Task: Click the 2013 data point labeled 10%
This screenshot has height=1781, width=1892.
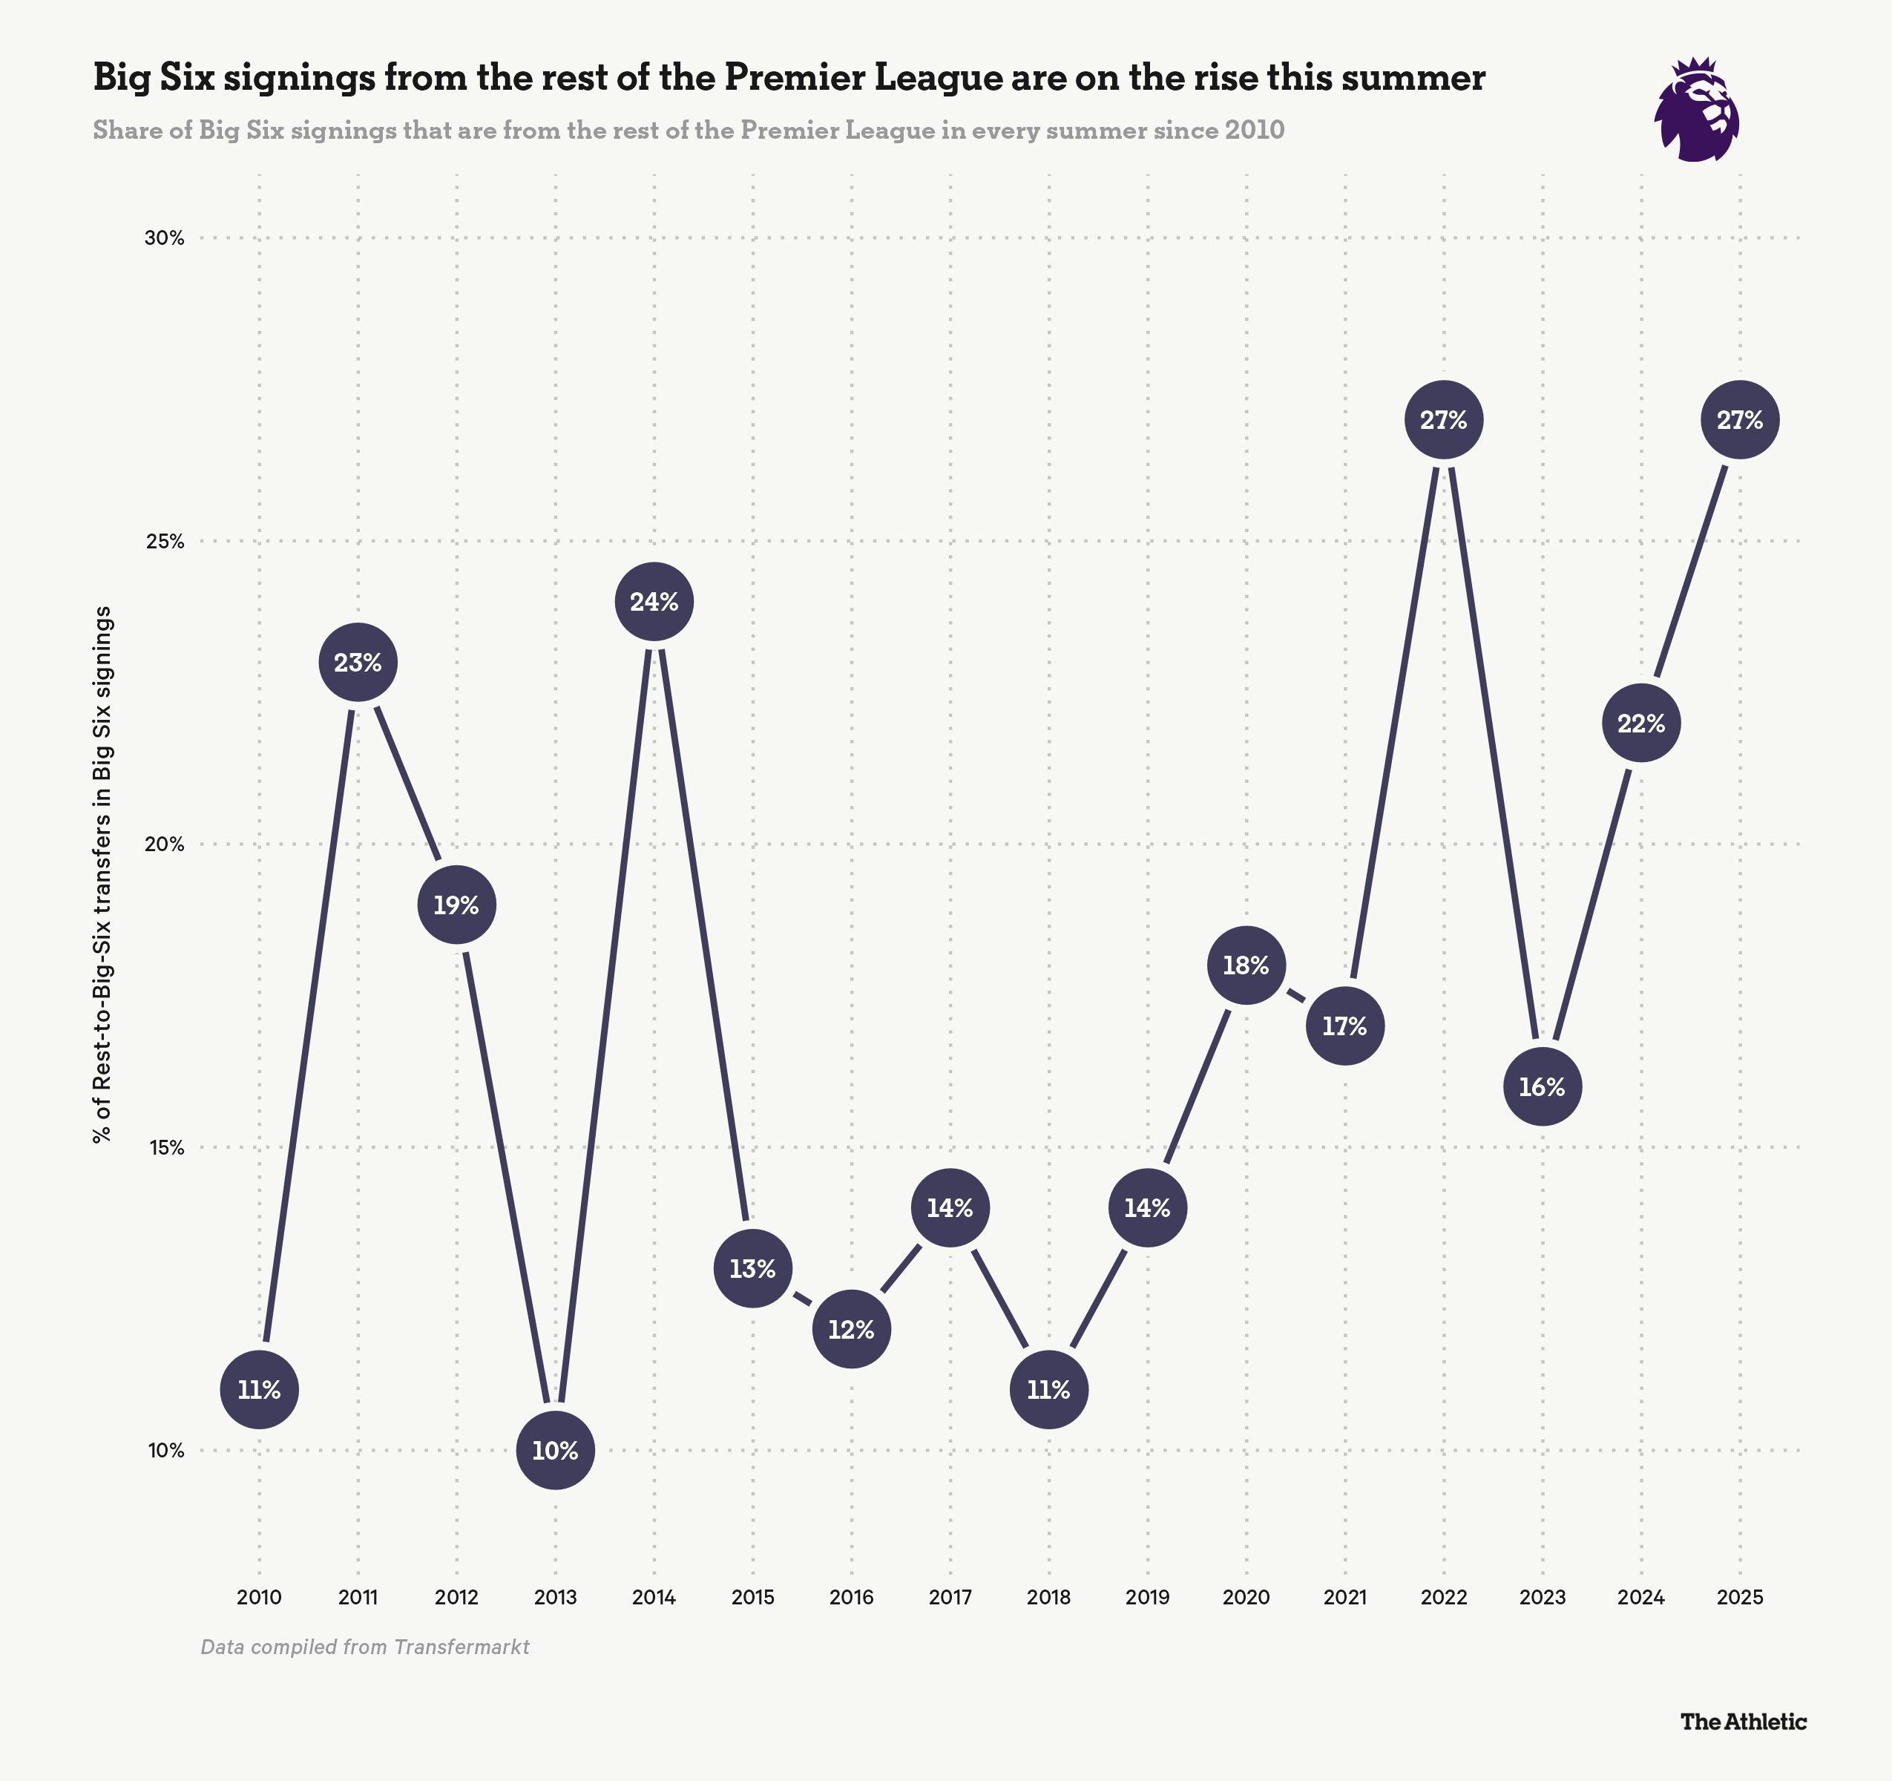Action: click(556, 1451)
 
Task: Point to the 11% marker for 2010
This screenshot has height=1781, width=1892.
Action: click(259, 1390)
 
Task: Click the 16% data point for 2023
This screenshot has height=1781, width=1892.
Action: click(1542, 1087)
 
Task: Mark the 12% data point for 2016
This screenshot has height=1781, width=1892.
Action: click(851, 1330)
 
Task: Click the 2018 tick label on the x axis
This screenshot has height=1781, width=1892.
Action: click(1049, 1597)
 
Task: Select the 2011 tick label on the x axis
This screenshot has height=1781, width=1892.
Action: click(358, 1597)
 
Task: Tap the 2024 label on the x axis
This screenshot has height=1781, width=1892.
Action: click(1640, 1597)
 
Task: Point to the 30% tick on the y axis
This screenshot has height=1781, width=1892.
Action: click(164, 238)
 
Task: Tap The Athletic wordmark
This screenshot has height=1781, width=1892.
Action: click(1743, 1721)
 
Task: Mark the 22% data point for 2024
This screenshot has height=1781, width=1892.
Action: click(1640, 724)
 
